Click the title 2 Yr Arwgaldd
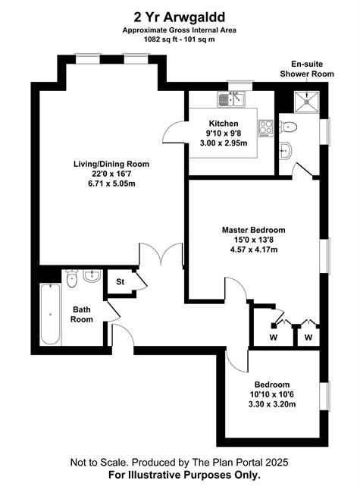coord(180,17)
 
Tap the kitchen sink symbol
coord(231,99)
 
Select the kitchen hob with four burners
coord(266,128)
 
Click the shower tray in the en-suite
coord(307,101)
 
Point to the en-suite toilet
coord(288,127)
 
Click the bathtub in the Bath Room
coord(50,314)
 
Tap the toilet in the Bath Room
coord(72,278)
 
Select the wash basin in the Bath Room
coord(92,276)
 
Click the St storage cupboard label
coord(121,281)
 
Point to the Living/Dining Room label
coord(111,164)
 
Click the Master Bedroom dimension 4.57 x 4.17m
coord(254,250)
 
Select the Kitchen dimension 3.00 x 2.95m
coord(224,143)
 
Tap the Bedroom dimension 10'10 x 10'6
coord(272,394)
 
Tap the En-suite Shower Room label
coord(307,69)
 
